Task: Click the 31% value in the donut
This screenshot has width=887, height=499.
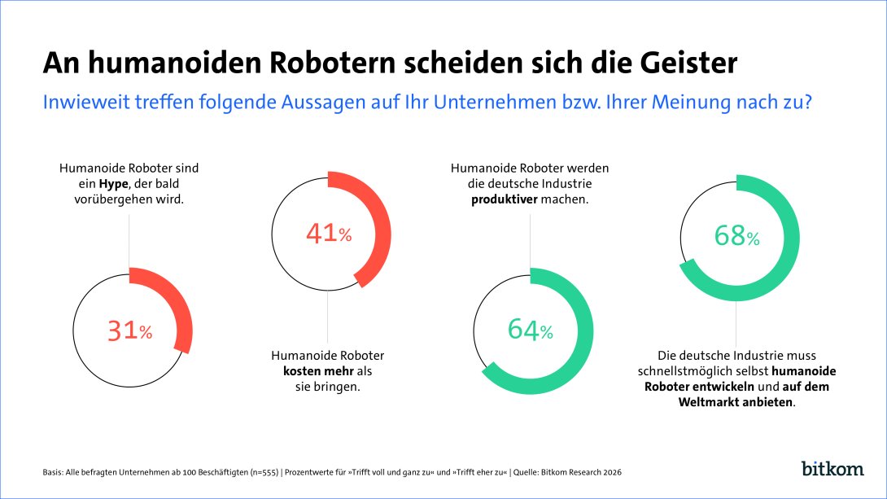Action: coord(129,330)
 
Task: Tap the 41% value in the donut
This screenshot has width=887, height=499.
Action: coord(329,234)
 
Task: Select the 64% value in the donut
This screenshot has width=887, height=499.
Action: coord(530,330)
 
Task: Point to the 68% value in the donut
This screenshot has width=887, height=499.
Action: coord(736,236)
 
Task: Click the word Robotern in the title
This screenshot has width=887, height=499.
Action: coord(277,63)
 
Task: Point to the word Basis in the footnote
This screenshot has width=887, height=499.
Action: coord(52,472)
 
